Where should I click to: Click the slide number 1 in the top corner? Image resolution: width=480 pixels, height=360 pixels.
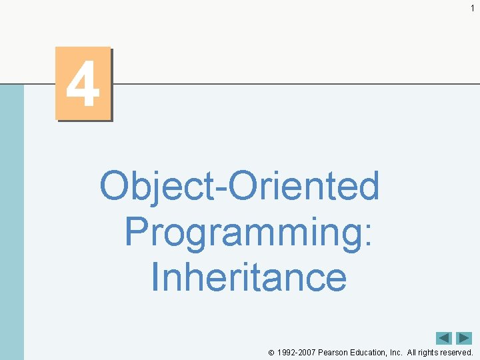[x=472, y=7]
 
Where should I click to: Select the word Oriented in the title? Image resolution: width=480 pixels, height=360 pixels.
[x=305, y=185]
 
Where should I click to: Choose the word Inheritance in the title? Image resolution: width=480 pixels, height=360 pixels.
[x=249, y=276]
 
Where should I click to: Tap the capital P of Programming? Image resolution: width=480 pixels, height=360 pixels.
[x=137, y=230]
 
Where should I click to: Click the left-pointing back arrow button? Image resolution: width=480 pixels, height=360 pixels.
[x=444, y=339]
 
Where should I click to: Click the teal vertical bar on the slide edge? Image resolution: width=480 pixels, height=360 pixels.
[x=11, y=220]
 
